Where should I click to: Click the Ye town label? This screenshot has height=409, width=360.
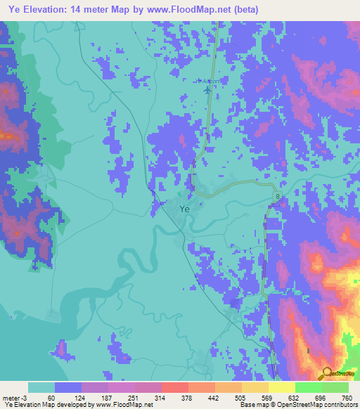184,209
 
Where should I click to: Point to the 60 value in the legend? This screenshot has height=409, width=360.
51,398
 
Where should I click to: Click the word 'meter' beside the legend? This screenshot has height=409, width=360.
11,398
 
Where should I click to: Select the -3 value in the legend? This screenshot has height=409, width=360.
26,398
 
